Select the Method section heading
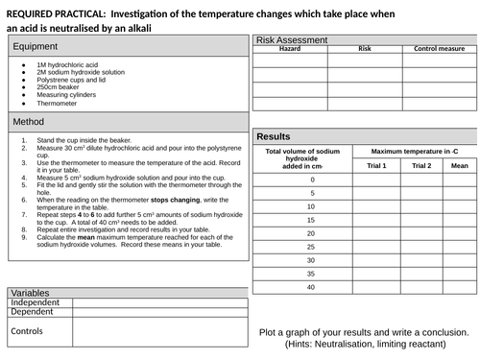click(x=28, y=122)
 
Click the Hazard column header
click(x=289, y=48)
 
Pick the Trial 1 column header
click(x=376, y=165)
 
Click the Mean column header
click(x=459, y=165)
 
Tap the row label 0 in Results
click(x=311, y=180)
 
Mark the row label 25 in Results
click(x=311, y=233)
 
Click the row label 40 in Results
click(x=311, y=287)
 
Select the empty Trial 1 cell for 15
click(x=376, y=206)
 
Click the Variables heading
click(x=30, y=292)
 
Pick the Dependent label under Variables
click(x=34, y=312)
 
